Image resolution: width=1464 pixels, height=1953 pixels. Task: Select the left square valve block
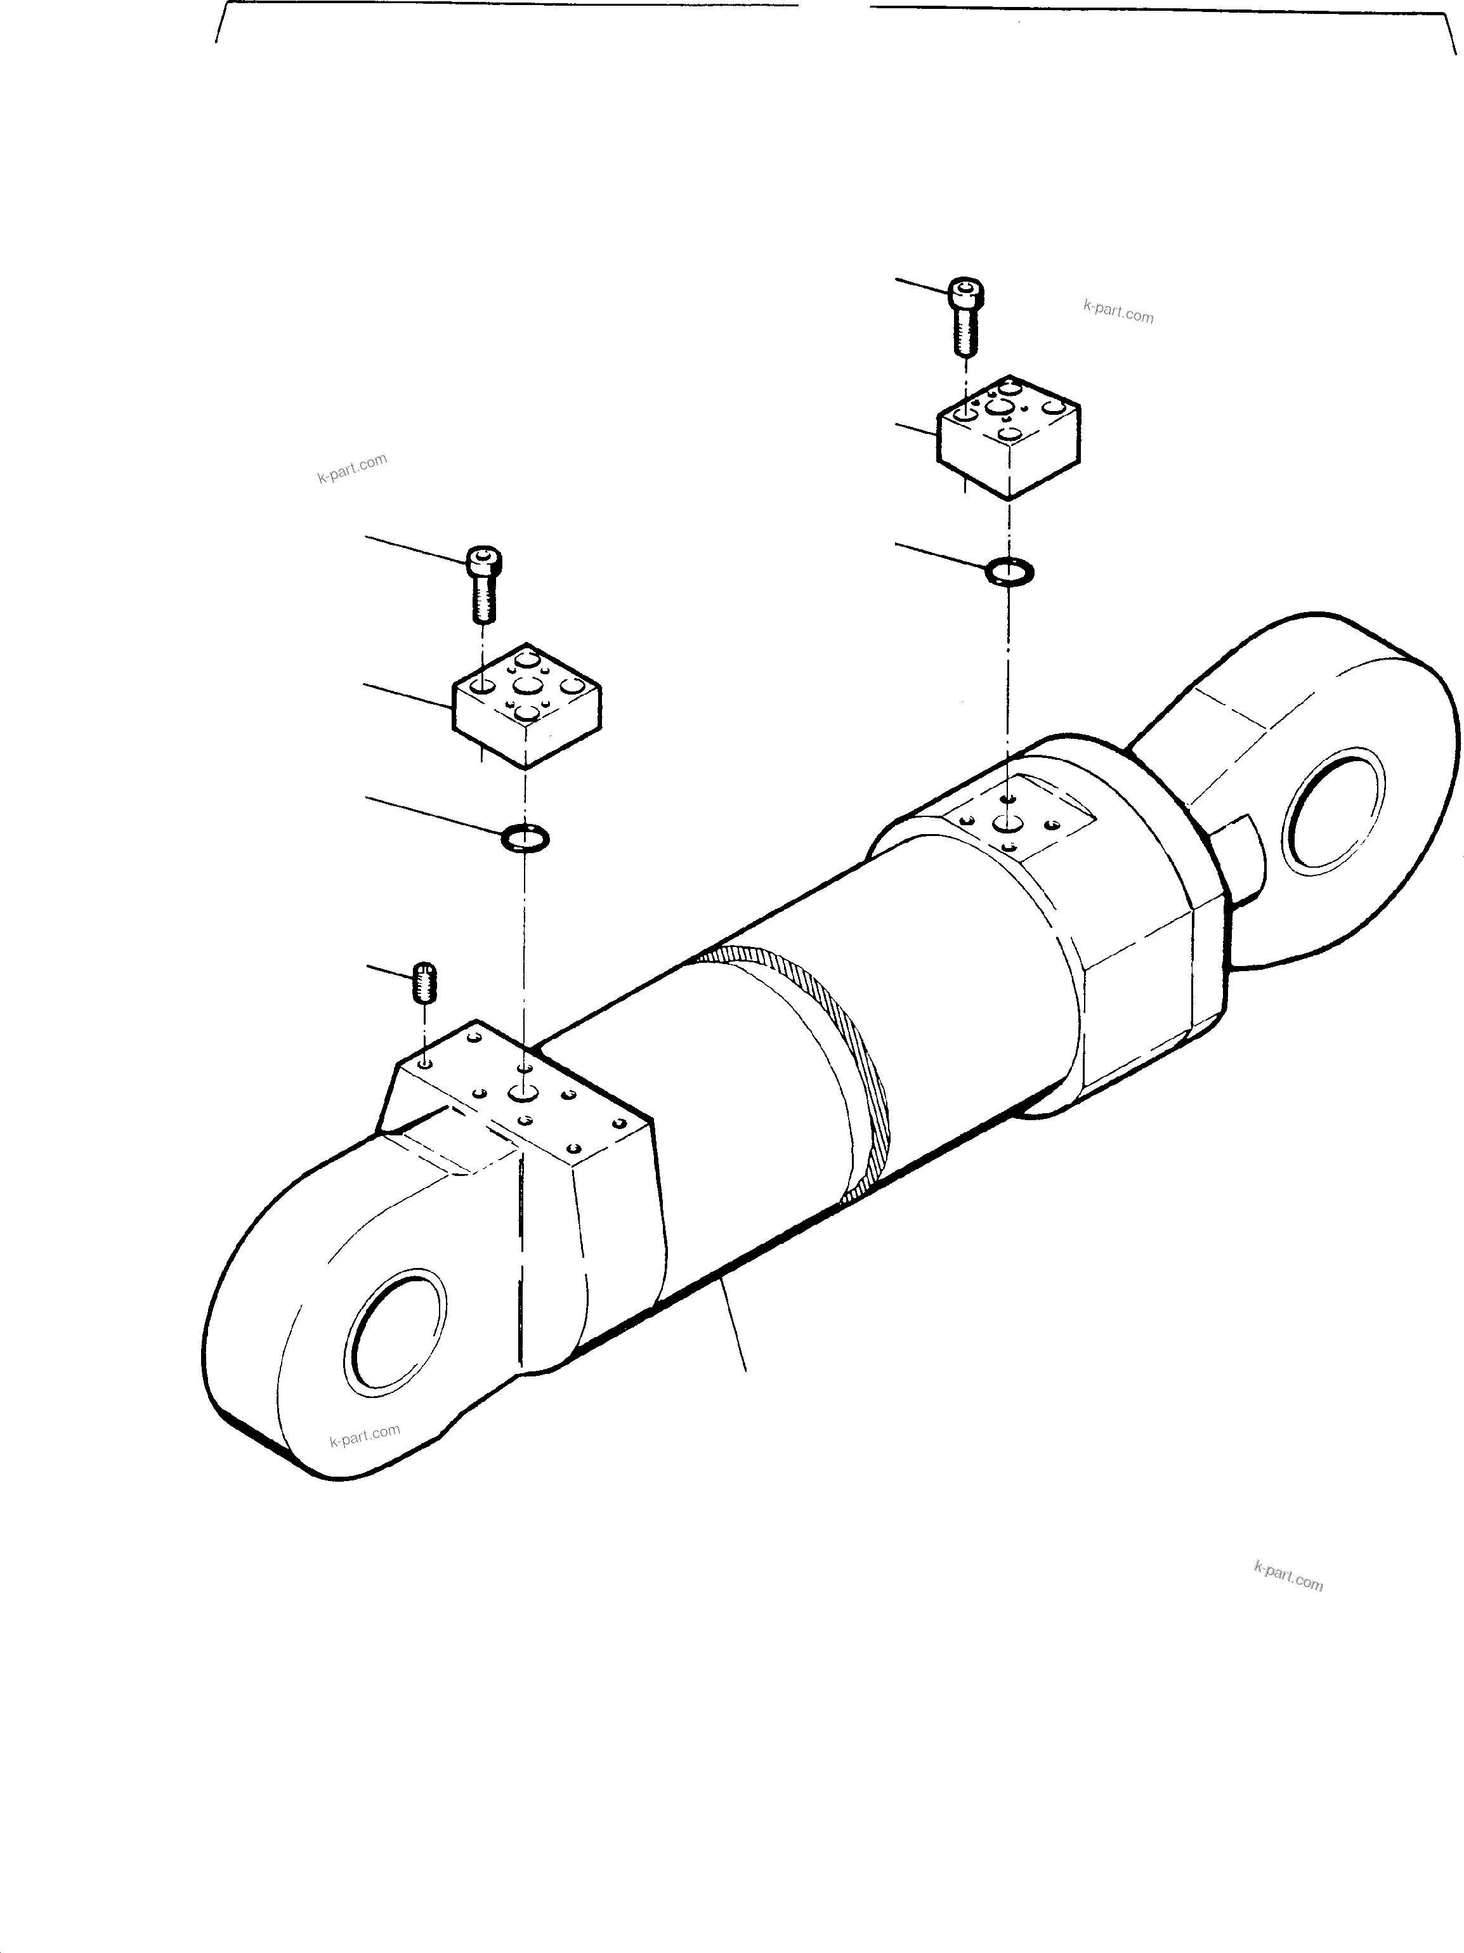coord(527,707)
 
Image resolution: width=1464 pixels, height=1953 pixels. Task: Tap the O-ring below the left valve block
coord(525,837)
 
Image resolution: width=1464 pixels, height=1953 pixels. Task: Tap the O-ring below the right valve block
coord(1009,572)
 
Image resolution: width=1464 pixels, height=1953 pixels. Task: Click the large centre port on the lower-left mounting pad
coord(523,1095)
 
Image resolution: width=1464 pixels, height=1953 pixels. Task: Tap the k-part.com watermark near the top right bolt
coord(1118,311)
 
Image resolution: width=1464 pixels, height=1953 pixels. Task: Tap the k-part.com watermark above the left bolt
coord(351,468)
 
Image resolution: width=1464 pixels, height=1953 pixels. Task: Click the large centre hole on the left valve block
coord(527,684)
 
